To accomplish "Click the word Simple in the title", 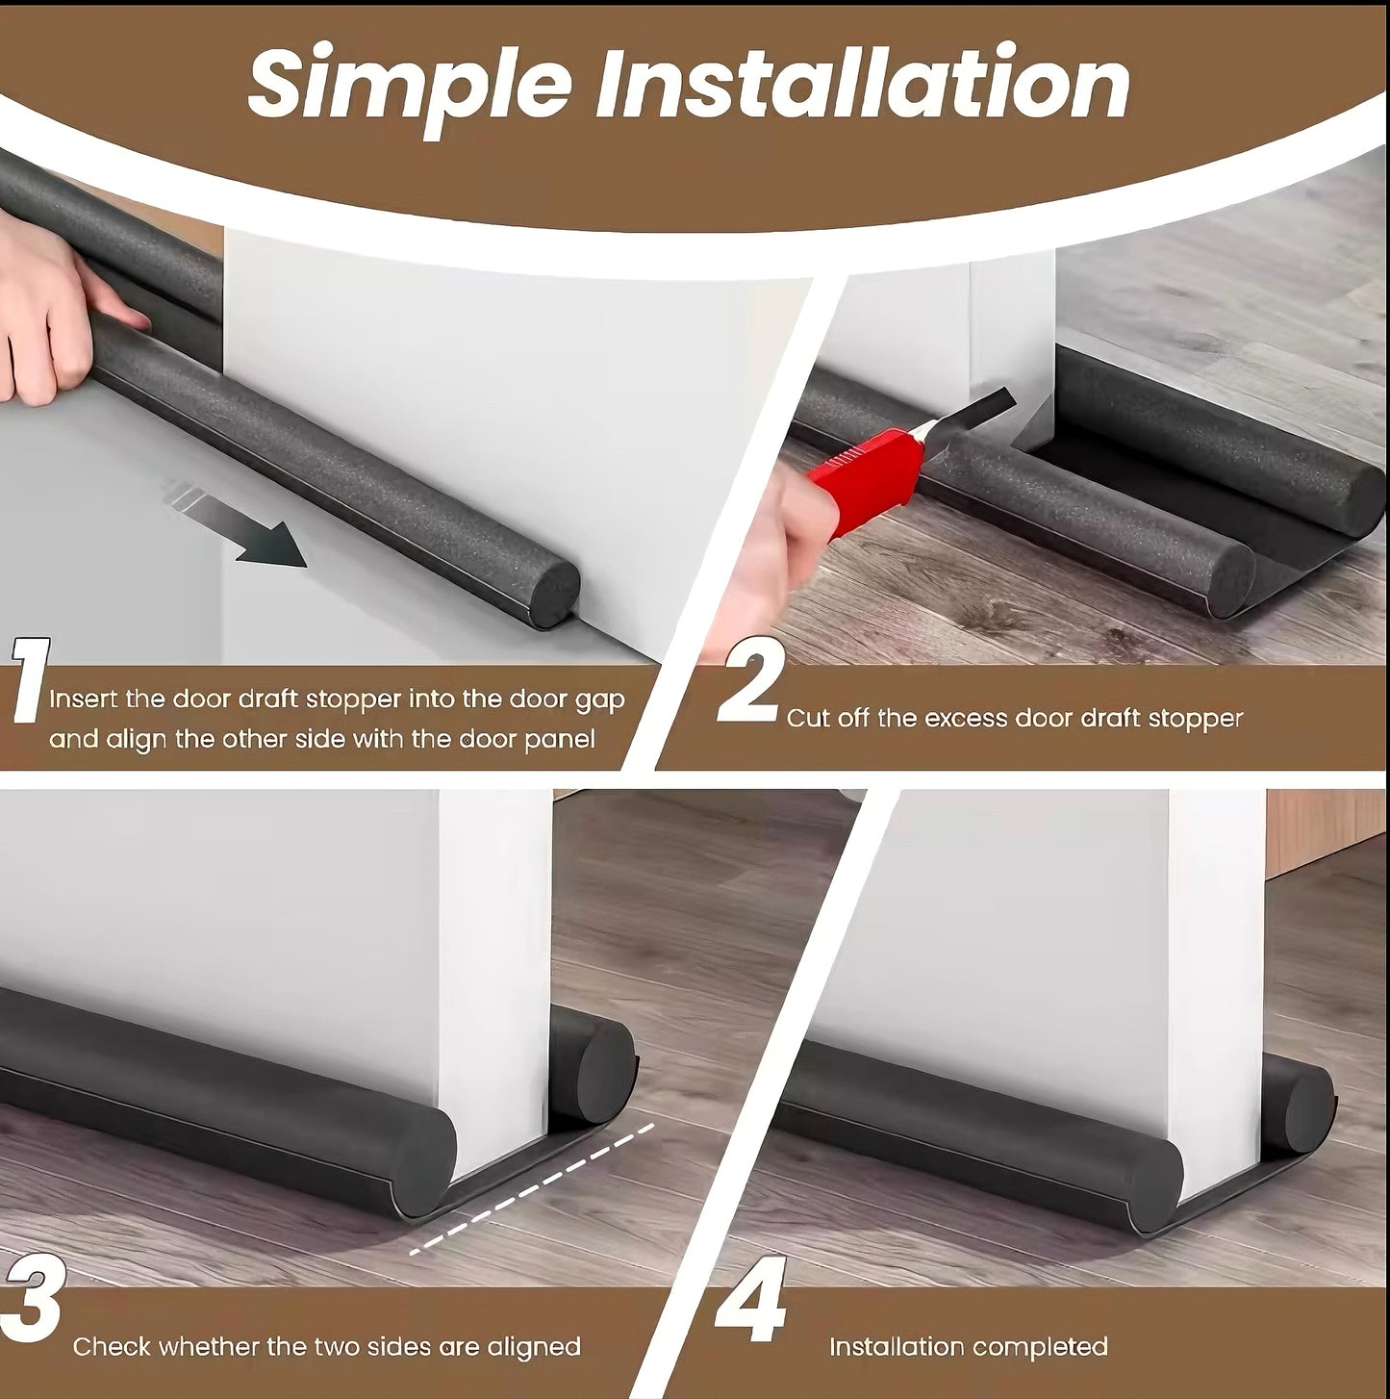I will [409, 85].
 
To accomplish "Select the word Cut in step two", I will [807, 718].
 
